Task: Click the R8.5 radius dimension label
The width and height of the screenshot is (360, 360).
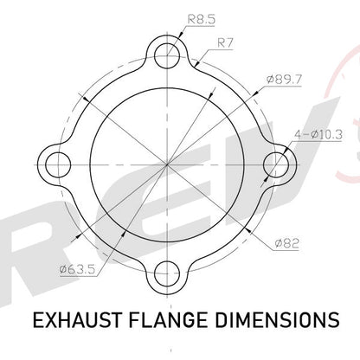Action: pos(202,20)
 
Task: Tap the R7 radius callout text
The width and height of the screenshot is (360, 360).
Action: pos(225,43)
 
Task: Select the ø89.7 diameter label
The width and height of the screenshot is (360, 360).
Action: pos(284,79)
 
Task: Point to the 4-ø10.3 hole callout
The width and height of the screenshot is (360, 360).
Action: pos(318,134)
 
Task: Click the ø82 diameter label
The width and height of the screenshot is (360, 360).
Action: pos(286,244)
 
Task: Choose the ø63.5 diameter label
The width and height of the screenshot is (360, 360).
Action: pos(77,270)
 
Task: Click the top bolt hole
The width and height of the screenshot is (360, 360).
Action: pos(167,55)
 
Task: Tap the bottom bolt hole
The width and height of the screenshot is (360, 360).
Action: pos(167,274)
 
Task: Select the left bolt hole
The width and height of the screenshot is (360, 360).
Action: pos(58,164)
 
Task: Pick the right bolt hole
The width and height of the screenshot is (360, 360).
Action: pos(276,164)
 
